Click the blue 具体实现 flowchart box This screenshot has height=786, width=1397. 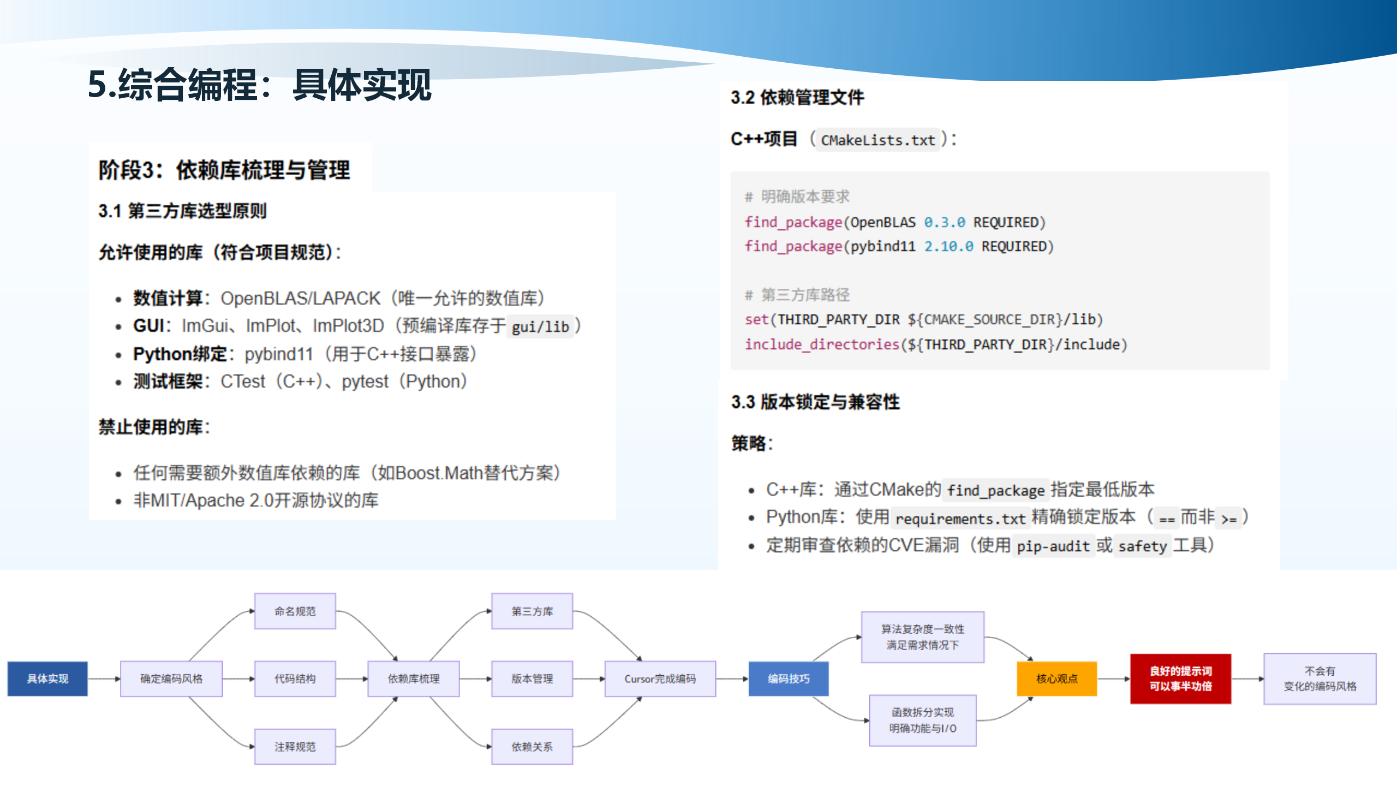point(47,678)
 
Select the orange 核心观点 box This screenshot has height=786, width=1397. point(1056,678)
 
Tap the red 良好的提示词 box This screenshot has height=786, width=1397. point(1180,678)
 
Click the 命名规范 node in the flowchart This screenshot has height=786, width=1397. point(295,611)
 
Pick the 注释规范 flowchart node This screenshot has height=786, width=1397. point(295,746)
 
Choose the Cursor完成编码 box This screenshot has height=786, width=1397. point(660,678)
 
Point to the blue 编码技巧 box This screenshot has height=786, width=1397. point(788,678)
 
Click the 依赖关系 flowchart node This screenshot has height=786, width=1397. point(532,746)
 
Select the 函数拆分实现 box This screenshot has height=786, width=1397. point(922,720)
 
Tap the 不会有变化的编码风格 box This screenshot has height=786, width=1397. point(1320,678)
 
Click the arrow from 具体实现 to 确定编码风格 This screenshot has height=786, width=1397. point(104,679)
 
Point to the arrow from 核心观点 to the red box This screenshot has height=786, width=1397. point(1113,679)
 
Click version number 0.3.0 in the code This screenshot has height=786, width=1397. point(944,223)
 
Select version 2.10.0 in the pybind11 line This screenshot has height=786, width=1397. point(948,247)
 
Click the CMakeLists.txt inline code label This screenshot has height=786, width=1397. point(877,140)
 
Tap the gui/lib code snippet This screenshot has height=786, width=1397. point(540,327)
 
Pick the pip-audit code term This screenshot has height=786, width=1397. point(1053,546)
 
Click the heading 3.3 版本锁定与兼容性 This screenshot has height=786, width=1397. point(815,402)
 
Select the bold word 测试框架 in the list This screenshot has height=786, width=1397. point(168,382)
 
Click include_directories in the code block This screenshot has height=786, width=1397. point(822,344)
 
